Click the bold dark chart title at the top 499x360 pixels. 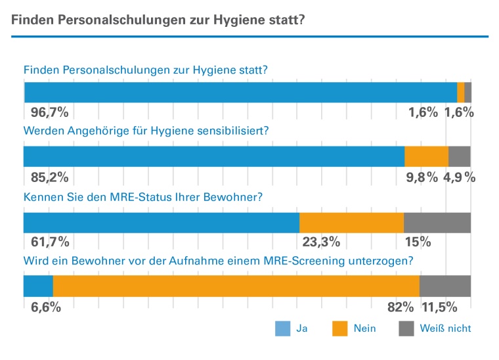pos(158,20)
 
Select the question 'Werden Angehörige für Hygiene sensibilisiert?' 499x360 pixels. pos(146,131)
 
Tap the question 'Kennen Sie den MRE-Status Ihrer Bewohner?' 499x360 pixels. pos(143,196)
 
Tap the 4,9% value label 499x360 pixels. pos(460,177)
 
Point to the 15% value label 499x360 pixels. pos(418,242)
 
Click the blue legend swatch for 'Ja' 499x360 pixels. pos(282,328)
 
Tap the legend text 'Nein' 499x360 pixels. pos(364,328)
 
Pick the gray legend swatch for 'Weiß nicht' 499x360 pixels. pos(406,328)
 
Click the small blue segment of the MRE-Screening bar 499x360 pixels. pos(38,286)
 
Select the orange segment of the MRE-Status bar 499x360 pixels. pos(351,222)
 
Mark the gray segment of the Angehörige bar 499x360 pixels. pos(459,156)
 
